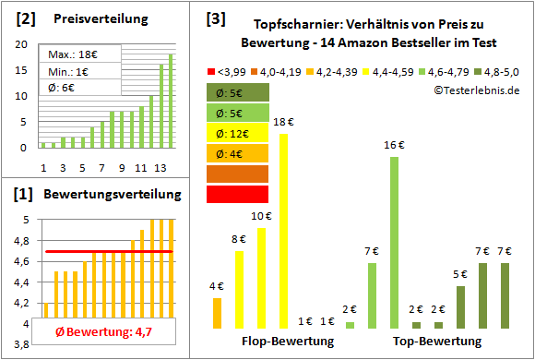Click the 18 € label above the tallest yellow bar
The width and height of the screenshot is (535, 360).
[x=283, y=121]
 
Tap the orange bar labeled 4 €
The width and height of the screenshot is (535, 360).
[x=217, y=313]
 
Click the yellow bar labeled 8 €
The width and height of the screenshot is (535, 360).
[x=239, y=289]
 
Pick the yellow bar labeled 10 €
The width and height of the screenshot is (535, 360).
[x=261, y=278]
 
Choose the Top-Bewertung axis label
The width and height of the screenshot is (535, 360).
[x=437, y=342]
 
